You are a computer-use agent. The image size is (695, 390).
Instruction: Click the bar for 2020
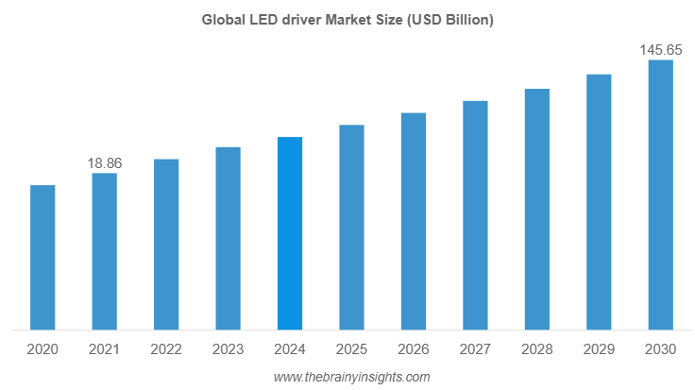(42, 258)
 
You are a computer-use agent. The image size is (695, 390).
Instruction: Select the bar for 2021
(105, 252)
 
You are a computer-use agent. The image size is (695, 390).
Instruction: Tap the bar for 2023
(228, 239)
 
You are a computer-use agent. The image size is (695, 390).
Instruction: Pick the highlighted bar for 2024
(290, 234)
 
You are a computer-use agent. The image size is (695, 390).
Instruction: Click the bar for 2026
(414, 222)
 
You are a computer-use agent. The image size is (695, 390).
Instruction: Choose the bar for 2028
(536, 210)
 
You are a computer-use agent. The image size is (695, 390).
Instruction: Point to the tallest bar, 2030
(660, 195)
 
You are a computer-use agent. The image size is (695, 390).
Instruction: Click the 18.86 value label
(104, 163)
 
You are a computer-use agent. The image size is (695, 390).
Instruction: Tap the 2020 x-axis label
(42, 349)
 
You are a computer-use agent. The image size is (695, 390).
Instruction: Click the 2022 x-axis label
(166, 349)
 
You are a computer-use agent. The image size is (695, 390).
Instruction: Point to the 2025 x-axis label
(351, 349)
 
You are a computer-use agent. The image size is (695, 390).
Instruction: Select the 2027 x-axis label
(475, 349)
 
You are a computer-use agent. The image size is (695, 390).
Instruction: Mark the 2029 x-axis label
(599, 349)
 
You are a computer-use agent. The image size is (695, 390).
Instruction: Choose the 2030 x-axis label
(660, 349)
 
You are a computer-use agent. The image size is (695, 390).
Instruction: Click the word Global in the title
(221, 19)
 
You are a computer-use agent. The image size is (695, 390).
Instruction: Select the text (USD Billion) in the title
(449, 19)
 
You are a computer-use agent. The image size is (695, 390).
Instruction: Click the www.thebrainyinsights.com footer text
(351, 377)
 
